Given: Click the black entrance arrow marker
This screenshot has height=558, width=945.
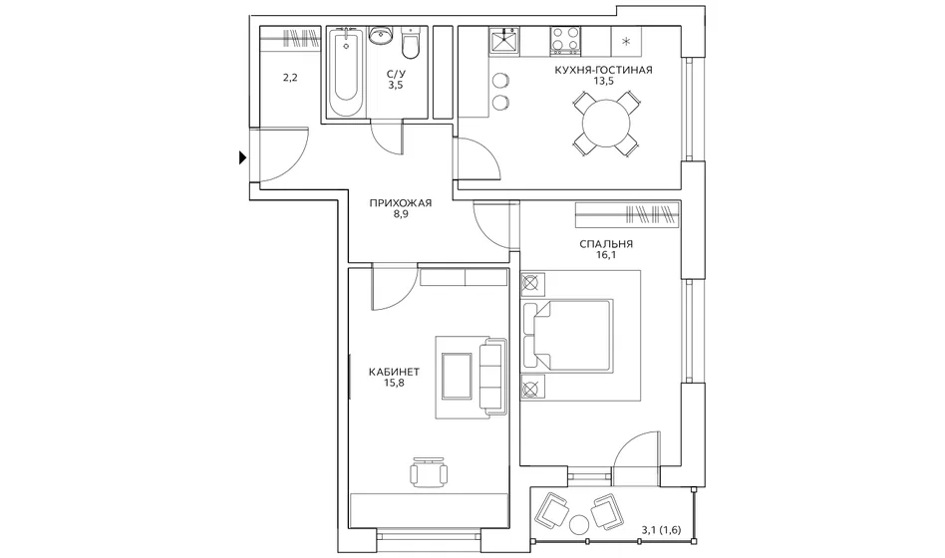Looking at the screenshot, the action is tap(243, 157).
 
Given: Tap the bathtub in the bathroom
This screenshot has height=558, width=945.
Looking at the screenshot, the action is tap(346, 73).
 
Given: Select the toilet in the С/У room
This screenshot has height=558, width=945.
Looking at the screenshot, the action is tap(411, 44).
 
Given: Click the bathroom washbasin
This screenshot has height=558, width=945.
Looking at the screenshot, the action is tap(380, 35).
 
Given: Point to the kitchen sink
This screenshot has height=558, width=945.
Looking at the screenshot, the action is tap(503, 42).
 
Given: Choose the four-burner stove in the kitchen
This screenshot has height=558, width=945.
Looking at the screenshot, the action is tap(565, 41).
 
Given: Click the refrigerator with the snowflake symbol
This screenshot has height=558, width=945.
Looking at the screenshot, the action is tap(626, 42).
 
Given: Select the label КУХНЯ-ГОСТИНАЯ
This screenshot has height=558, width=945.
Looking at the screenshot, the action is tap(603, 70).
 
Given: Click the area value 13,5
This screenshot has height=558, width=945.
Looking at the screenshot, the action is tap(603, 82).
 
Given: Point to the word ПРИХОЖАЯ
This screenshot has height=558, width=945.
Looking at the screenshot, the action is tap(400, 203).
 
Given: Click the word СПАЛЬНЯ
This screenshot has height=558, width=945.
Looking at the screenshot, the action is tap(606, 244).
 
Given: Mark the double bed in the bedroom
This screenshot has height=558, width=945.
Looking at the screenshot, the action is tap(568, 335).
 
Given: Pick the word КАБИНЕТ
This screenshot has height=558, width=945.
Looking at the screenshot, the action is tap(394, 372).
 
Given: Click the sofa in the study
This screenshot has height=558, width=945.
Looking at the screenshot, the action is tap(493, 378).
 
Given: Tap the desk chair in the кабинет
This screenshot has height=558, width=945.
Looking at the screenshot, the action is tap(429, 472).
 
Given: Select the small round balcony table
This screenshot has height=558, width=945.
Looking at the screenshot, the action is tap(580, 524).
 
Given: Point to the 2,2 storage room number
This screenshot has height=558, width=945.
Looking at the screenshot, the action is tap(290, 78).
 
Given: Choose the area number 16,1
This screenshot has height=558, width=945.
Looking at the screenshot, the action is tap(606, 255).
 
